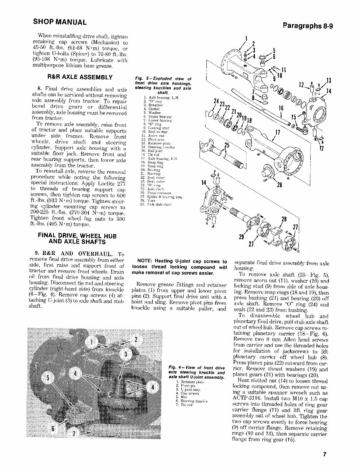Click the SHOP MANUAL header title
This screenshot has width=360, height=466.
click(x=60, y=22)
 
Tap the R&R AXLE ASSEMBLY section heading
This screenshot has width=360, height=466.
click(x=80, y=77)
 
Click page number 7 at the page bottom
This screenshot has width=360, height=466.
click(x=325, y=454)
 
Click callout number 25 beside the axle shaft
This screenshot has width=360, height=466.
click(x=226, y=145)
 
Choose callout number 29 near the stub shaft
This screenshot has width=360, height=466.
click(x=242, y=237)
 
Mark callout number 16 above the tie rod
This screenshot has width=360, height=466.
click(x=281, y=108)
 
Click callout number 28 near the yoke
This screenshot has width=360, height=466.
click(x=284, y=220)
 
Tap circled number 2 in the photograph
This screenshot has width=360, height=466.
click(x=136, y=339)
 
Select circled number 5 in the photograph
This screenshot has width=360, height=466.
click(x=48, y=377)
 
